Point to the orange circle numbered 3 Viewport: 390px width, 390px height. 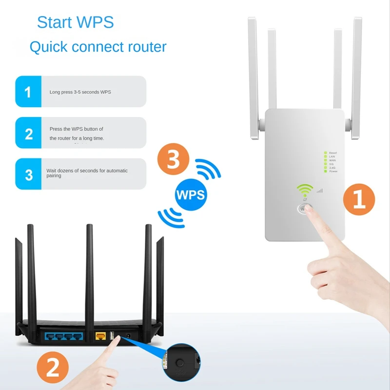point(174,160)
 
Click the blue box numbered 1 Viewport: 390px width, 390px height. point(28,92)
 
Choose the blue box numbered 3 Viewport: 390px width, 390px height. point(28,174)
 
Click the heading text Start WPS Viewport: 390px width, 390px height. point(75,22)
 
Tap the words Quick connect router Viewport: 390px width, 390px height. point(98,47)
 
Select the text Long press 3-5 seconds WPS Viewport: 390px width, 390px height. point(80,92)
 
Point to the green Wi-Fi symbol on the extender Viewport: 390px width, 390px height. point(306,190)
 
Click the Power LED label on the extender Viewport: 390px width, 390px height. point(333,172)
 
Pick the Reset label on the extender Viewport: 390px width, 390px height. point(333,153)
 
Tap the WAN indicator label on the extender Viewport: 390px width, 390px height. point(332,160)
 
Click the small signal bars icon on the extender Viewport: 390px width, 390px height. point(320,191)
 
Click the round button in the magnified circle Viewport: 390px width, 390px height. point(181,363)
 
